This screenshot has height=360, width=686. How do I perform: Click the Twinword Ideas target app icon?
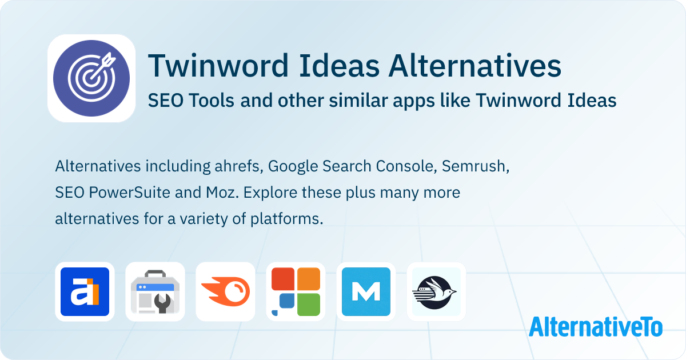tap(91, 78)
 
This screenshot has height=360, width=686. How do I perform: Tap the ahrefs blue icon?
tap(85, 291)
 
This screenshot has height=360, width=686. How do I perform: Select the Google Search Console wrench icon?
tap(155, 291)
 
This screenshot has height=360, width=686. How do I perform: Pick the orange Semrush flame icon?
tap(225, 291)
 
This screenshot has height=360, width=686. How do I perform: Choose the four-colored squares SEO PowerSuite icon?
tap(296, 291)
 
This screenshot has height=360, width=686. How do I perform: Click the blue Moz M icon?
tap(366, 291)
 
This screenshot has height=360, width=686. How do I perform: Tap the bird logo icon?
tap(436, 291)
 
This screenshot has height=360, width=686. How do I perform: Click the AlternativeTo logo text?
tap(596, 326)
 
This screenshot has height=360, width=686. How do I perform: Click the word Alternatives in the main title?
tap(474, 66)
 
